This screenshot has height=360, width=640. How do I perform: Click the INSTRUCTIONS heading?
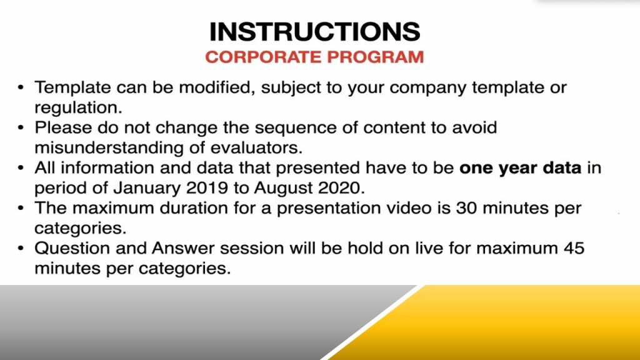(x=315, y=32)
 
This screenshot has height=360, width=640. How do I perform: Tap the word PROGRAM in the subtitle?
(x=376, y=57)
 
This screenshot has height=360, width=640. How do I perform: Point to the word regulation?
(x=78, y=107)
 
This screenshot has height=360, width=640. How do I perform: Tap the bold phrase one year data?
(x=521, y=168)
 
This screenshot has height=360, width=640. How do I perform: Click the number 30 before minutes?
(x=467, y=208)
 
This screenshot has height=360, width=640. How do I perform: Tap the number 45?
(x=574, y=248)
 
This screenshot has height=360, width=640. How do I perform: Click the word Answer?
(x=183, y=248)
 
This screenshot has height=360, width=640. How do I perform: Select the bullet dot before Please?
(x=21, y=128)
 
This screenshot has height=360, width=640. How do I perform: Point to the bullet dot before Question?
(x=21, y=249)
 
